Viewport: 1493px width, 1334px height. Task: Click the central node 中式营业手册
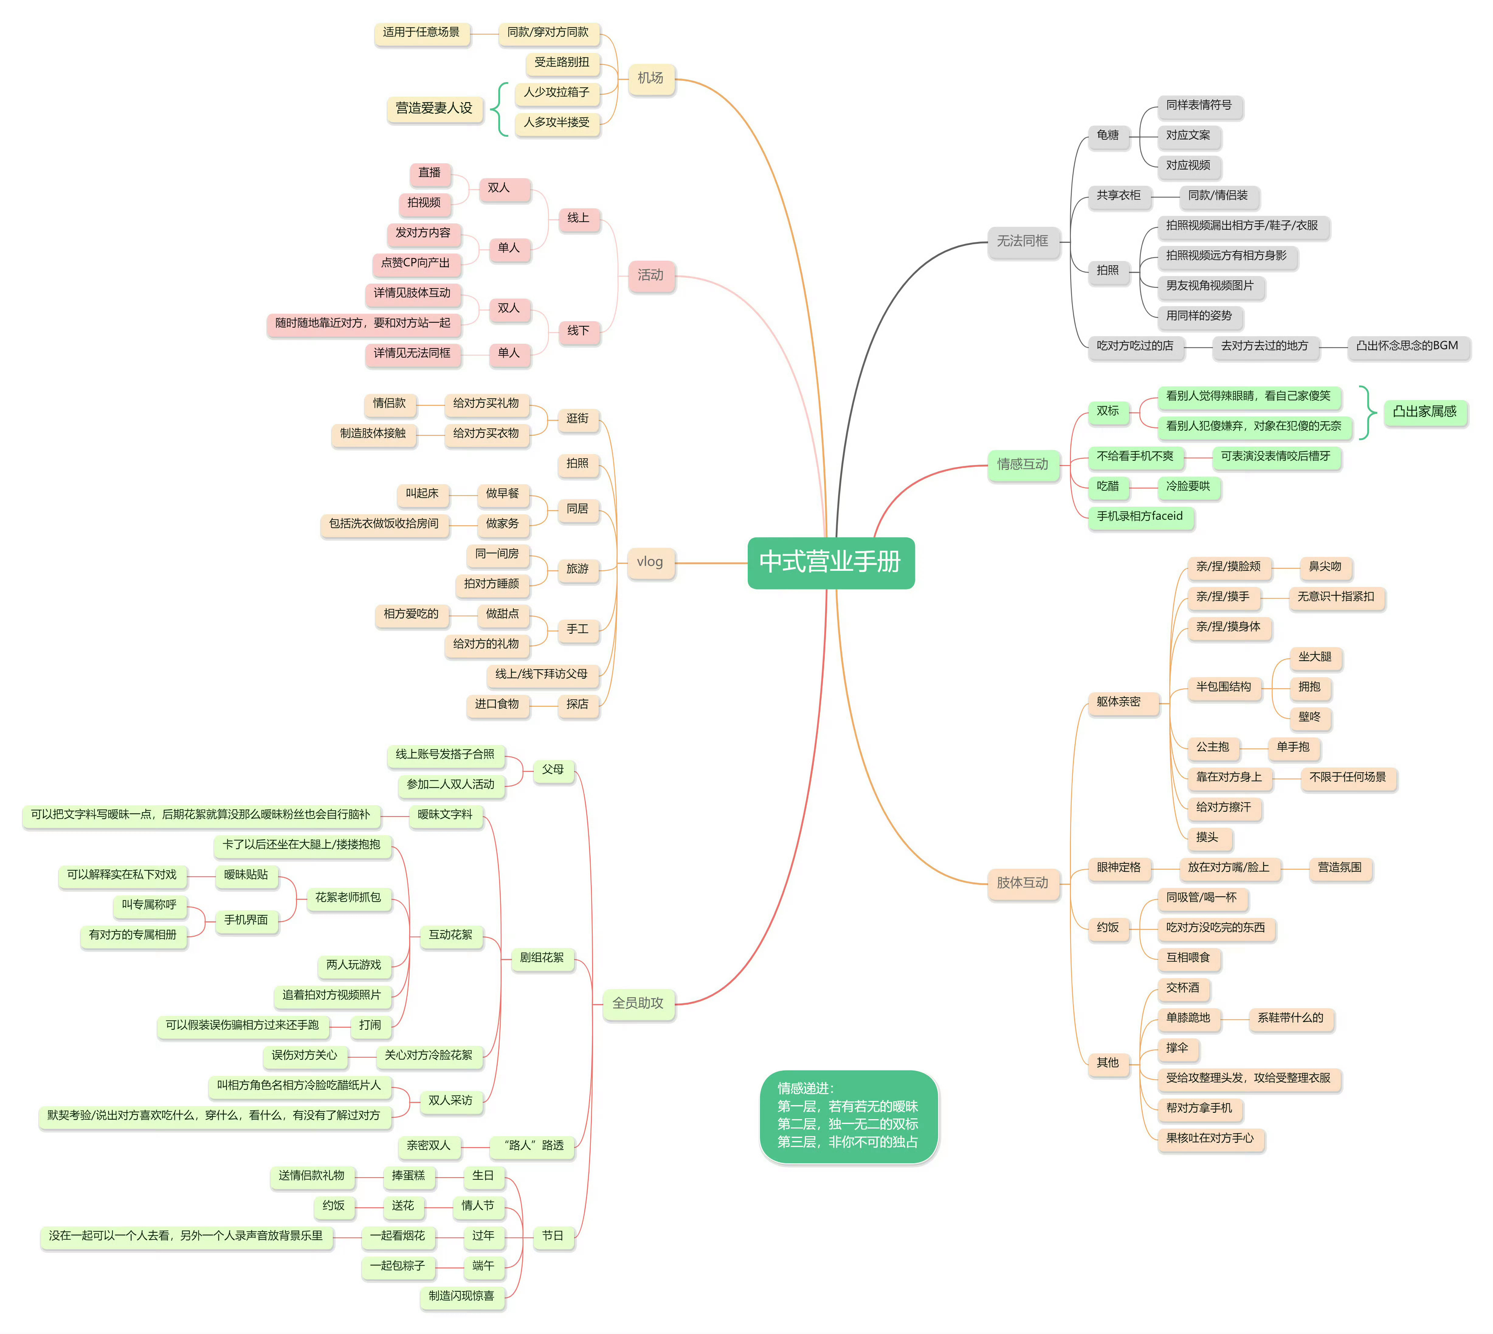click(x=830, y=562)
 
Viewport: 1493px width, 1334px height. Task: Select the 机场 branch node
click(x=650, y=78)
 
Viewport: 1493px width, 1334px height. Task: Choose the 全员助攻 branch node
click(x=638, y=1003)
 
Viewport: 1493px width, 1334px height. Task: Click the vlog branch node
click(x=650, y=562)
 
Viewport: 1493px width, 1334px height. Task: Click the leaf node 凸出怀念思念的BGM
click(x=1407, y=346)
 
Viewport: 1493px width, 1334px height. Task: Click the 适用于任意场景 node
click(x=422, y=32)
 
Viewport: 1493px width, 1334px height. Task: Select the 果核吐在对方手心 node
click(x=1210, y=1138)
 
